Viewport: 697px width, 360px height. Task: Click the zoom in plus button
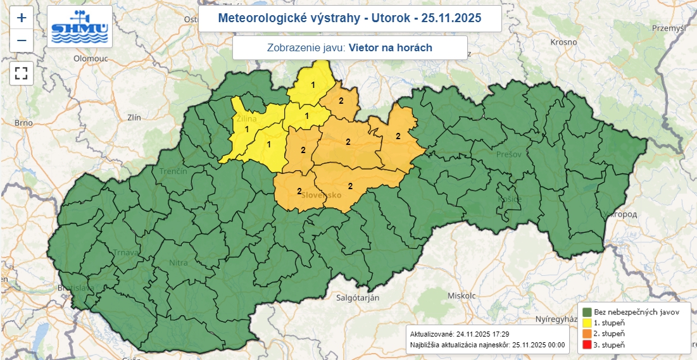click(21, 18)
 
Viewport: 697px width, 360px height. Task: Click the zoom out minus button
click(21, 40)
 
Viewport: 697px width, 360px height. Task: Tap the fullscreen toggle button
click(21, 72)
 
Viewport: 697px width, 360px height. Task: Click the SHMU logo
click(80, 27)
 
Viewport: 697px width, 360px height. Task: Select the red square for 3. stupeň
click(587, 345)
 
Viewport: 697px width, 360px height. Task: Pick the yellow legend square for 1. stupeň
click(587, 323)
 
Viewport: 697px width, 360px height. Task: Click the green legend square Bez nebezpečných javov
click(587, 313)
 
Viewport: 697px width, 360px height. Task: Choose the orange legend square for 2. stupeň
click(587, 334)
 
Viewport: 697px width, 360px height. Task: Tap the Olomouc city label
click(91, 58)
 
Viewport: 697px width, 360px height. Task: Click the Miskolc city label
click(461, 295)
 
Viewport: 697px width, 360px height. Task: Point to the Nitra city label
click(179, 263)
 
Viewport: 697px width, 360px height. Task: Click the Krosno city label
click(563, 42)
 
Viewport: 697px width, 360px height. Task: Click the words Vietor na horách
click(390, 47)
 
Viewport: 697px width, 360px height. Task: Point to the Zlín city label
click(134, 117)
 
